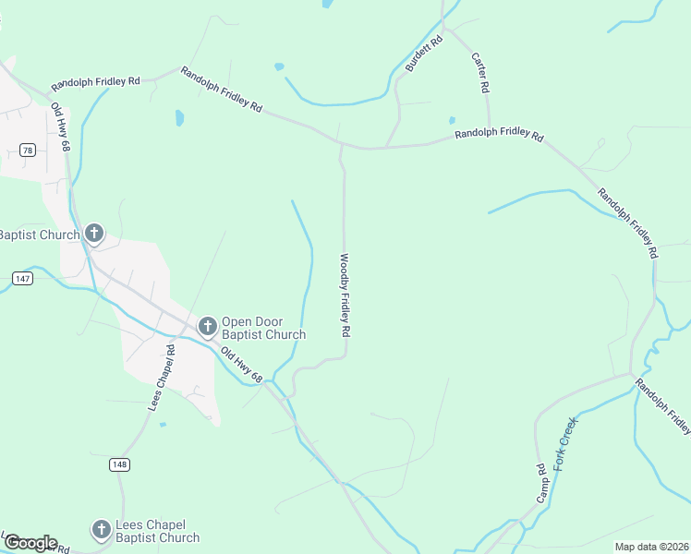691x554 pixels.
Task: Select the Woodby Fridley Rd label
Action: pos(345,295)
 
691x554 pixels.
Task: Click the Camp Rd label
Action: pos(541,483)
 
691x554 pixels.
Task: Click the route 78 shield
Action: pos(28,151)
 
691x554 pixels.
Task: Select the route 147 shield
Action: pos(22,277)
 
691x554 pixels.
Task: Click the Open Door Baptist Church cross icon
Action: pos(207,325)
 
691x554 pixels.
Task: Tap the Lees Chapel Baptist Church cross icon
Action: pos(101,530)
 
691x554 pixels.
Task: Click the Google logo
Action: pos(30,543)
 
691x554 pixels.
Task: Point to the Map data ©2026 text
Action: pos(651,547)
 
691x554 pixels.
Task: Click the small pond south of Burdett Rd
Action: pos(451,120)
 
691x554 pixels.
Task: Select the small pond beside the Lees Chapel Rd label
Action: pos(163,425)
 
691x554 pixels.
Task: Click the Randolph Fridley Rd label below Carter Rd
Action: pos(498,137)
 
